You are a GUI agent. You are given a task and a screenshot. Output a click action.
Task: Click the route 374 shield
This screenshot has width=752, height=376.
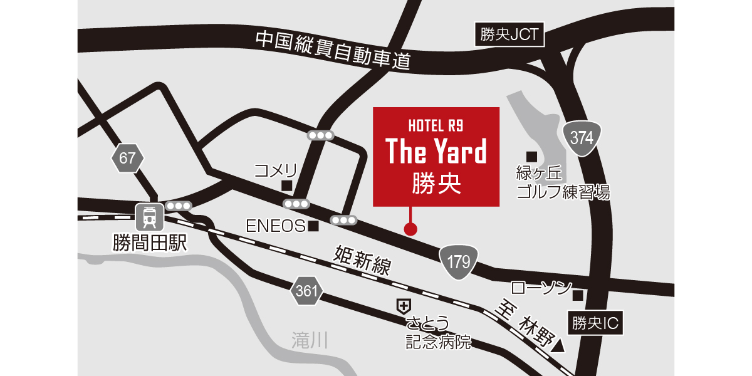(x=582, y=138)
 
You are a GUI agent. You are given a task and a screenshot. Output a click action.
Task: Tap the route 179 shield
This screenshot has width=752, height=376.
(x=459, y=261)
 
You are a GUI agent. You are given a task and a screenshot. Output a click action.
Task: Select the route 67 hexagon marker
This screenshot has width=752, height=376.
(x=127, y=158)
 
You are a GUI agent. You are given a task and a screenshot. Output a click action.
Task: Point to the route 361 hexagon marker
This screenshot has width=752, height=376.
(x=306, y=291)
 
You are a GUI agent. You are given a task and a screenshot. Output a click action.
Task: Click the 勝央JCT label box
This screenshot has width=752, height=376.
(x=509, y=34)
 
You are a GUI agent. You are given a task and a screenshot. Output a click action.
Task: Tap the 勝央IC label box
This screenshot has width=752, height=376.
(x=595, y=323)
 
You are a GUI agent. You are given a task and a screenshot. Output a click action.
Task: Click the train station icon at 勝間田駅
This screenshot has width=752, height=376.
(x=150, y=217)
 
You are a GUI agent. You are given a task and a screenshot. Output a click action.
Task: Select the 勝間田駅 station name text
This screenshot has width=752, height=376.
(x=150, y=243)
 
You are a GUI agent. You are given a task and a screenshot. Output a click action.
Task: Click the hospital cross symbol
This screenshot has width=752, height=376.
(x=403, y=306)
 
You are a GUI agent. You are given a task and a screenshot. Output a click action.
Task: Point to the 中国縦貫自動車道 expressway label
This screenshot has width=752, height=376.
(x=333, y=50)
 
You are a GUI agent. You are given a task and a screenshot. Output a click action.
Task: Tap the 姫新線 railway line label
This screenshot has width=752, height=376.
(x=363, y=262)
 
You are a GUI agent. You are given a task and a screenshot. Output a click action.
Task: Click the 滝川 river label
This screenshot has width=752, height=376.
(x=310, y=340)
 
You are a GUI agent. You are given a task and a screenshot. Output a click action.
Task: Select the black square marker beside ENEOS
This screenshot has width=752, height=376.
(x=314, y=226)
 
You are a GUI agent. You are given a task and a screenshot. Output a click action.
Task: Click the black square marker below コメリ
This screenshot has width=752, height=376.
(x=286, y=185)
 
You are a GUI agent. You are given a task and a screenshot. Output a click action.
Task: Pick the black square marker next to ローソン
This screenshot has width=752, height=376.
(x=578, y=295)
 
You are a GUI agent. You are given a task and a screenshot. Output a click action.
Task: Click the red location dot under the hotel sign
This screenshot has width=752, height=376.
(x=410, y=229)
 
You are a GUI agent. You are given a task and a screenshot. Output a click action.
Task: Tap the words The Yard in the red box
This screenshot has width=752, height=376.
(x=436, y=152)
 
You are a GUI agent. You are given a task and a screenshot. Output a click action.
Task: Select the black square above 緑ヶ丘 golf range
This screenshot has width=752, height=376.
(x=531, y=156)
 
